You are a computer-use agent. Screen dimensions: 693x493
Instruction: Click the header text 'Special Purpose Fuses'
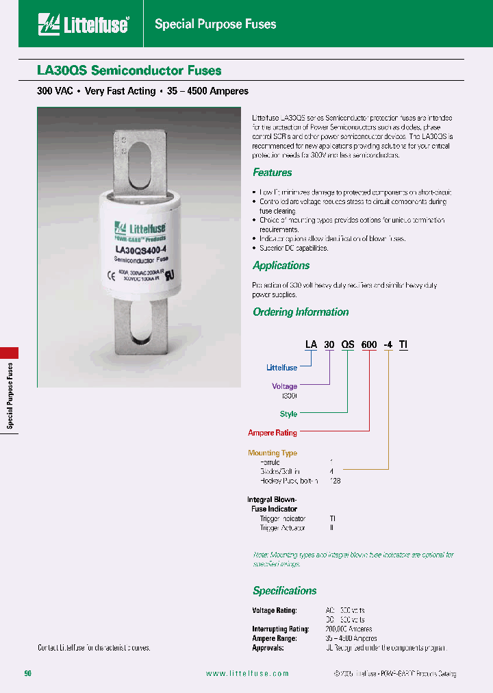pos(216,25)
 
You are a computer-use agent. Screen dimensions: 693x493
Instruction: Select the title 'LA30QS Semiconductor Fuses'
pos(129,71)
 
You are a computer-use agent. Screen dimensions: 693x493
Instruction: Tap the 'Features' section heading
pos(272,173)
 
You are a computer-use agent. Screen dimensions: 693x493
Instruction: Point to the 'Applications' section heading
pos(281,266)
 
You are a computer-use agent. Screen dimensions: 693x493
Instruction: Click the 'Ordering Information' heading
pos(301,312)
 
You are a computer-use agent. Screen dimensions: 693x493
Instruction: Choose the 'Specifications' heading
pos(284,591)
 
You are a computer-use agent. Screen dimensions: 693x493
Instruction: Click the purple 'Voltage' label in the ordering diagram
pos(284,386)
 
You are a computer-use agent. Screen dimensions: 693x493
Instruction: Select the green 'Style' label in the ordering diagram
pos(288,414)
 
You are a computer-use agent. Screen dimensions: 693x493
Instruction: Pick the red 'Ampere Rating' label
pos(272,433)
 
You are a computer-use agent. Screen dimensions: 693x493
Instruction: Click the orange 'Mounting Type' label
pos(272,453)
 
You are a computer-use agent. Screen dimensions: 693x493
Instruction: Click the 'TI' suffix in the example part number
pos(403,345)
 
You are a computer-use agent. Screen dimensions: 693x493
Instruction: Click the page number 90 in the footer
pos(28,674)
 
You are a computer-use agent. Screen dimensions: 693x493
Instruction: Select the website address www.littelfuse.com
pos(247,674)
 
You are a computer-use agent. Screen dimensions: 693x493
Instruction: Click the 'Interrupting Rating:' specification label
pos(281,629)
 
